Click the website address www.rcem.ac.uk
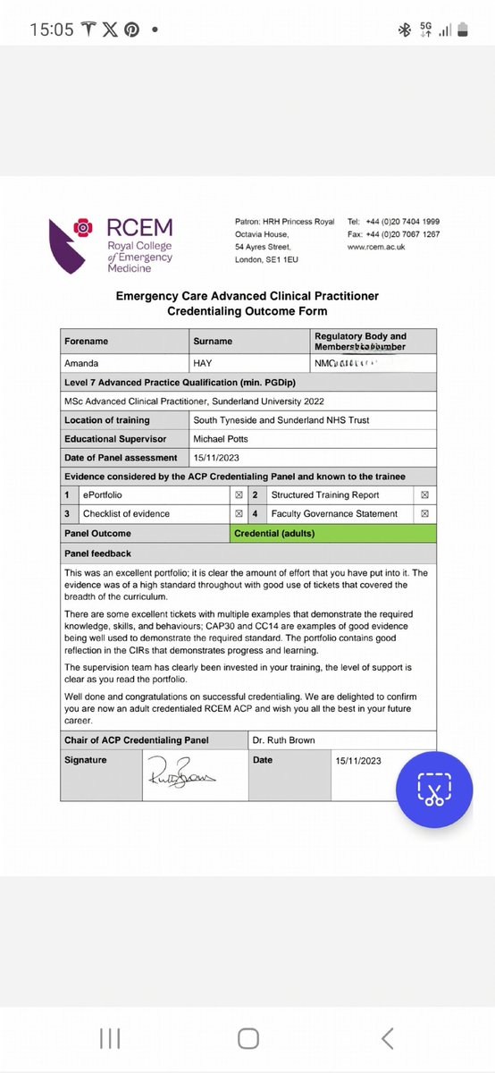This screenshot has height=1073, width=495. pyautogui.click(x=375, y=247)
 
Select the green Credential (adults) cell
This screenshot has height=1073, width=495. pyautogui.click(x=333, y=534)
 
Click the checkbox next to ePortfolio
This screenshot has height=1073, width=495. pyautogui.click(x=239, y=494)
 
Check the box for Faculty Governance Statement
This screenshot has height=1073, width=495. pyautogui.click(x=424, y=513)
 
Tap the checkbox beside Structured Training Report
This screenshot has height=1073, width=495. pyautogui.click(x=424, y=494)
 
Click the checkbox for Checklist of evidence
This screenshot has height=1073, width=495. pyautogui.click(x=239, y=513)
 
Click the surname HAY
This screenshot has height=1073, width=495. pyautogui.click(x=205, y=362)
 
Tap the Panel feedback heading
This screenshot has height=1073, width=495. pyautogui.click(x=97, y=553)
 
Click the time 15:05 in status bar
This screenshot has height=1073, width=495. pyautogui.click(x=52, y=30)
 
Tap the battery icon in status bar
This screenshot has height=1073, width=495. pyautogui.click(x=462, y=30)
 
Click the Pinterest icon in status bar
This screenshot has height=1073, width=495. pyautogui.click(x=131, y=30)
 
